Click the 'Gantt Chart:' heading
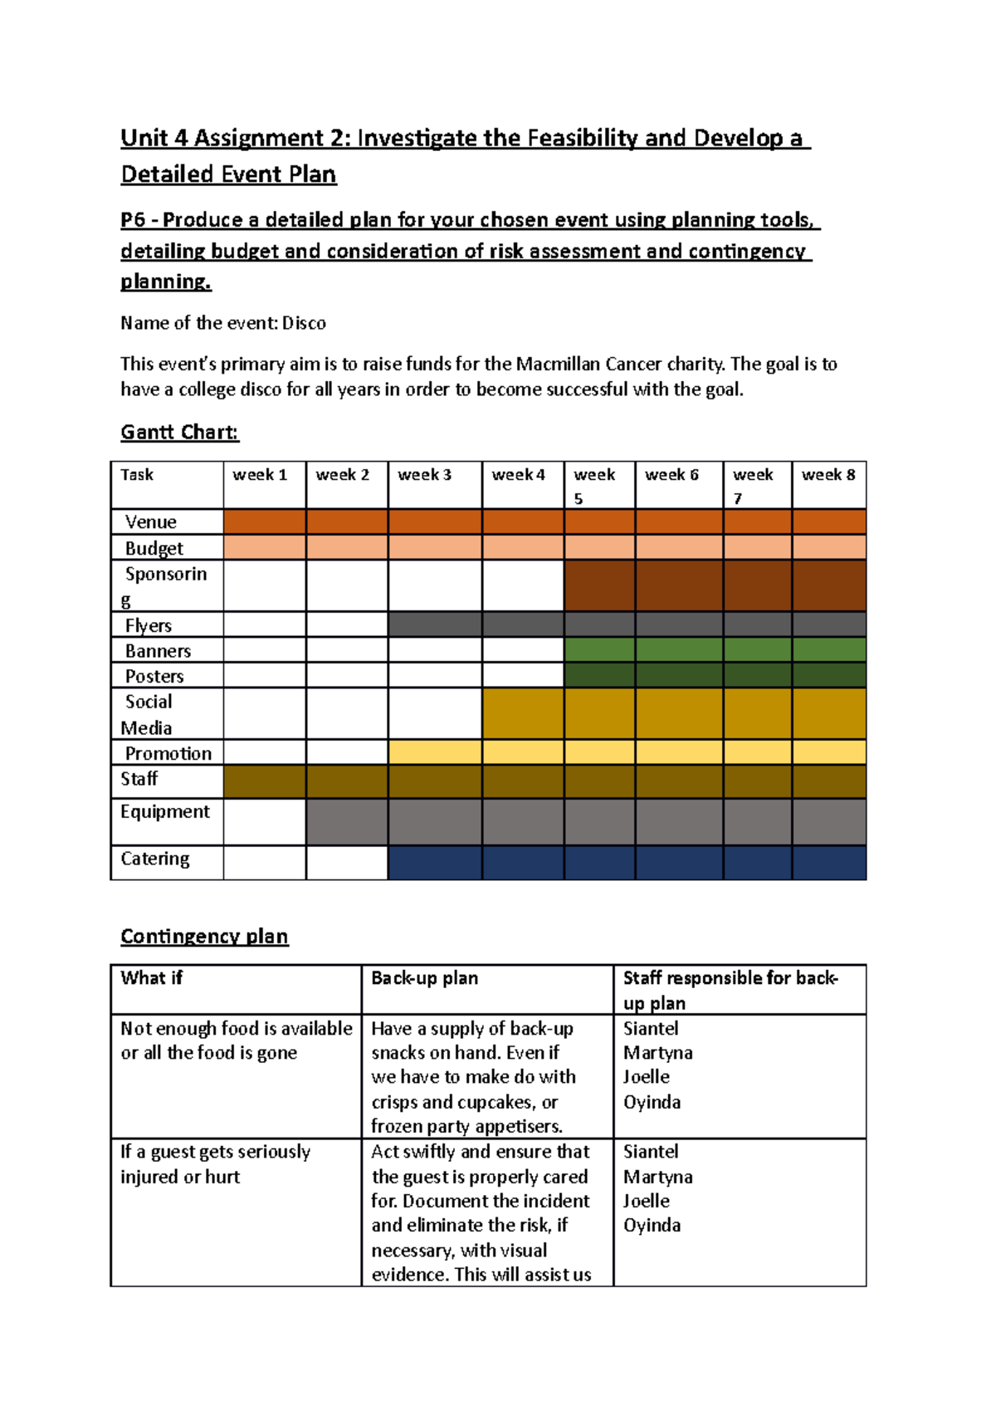(179, 432)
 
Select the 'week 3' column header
(424, 475)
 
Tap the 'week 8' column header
(828, 475)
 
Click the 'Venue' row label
(151, 522)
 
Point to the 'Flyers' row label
(149, 625)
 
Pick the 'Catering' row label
(155, 859)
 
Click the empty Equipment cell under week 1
(265, 822)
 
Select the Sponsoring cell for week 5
(599, 585)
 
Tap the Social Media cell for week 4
(523, 713)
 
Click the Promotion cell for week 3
(434, 752)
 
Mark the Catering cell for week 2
(347, 863)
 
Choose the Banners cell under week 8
(828, 649)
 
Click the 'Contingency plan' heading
(204, 937)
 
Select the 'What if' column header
(152, 978)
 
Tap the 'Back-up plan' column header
(424, 978)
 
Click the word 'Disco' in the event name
(304, 323)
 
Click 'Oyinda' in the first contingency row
(652, 1103)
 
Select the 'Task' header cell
(137, 475)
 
